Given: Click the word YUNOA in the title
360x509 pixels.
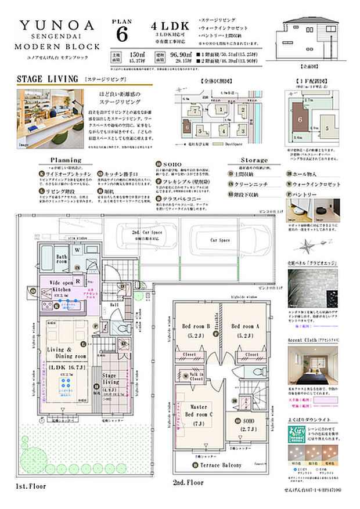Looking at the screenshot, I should tap(56, 25).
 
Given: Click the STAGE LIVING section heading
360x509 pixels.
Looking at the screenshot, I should tap(47, 79).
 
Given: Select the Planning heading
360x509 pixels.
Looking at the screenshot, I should tap(66, 160).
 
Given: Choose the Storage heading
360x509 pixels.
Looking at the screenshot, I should tap(254, 160).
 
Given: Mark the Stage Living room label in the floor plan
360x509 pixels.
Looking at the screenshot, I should tap(110, 378).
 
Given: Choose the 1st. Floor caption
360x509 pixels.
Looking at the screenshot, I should tap(30, 486).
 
